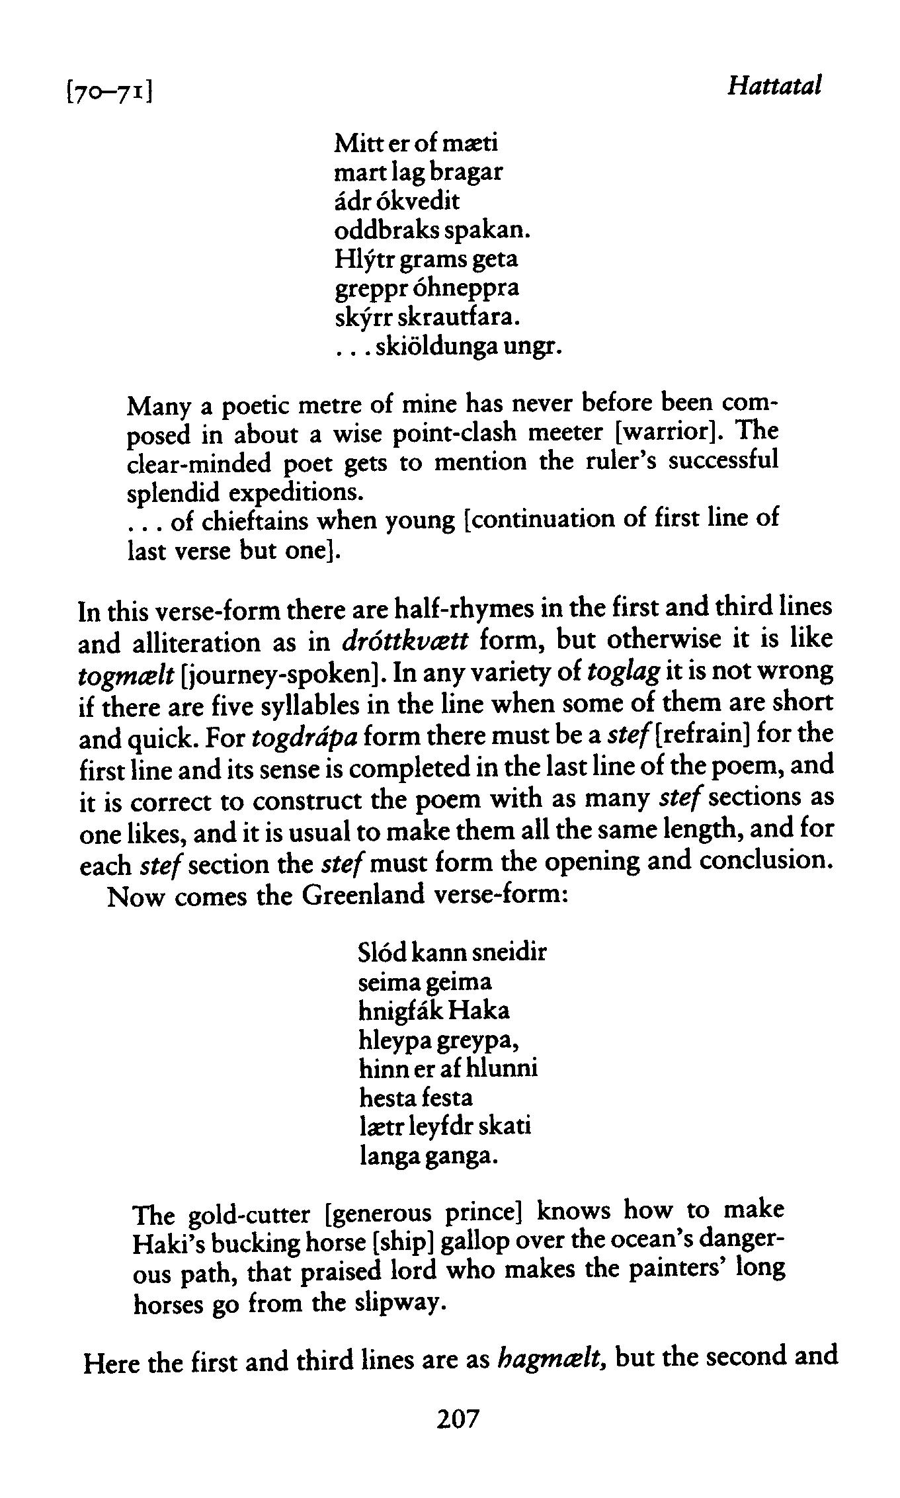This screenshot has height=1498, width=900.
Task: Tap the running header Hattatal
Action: pyautogui.click(x=774, y=86)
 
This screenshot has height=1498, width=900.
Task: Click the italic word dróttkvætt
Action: pyautogui.click(x=406, y=640)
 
